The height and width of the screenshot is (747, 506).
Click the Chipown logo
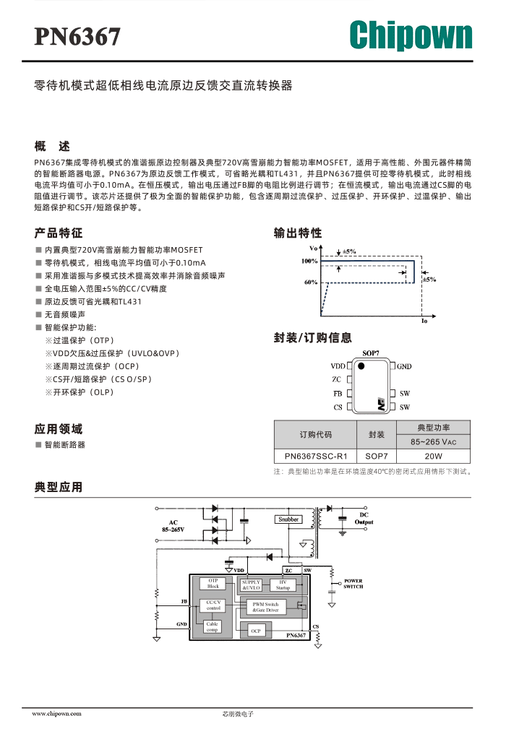411,35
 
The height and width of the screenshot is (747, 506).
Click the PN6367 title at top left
77,37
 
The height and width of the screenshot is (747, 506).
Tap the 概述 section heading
52,146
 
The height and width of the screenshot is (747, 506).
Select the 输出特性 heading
298,233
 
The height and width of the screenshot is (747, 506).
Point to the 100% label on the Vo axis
309,261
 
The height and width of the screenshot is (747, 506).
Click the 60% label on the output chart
311,282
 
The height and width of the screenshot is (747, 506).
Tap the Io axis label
424,321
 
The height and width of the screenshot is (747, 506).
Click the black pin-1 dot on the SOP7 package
361,366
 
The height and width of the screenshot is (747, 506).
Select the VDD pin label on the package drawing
338,366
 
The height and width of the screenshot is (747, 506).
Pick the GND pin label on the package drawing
404,366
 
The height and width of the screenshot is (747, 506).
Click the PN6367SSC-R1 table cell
315,457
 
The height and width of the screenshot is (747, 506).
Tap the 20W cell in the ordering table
433,457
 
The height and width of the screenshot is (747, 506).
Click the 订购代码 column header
315,434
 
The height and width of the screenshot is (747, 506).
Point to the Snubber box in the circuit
288,519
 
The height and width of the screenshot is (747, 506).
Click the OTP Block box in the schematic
213,584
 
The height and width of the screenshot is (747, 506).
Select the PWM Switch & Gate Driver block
265,607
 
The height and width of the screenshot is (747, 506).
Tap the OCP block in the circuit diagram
256,631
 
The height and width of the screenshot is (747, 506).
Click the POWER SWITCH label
353,584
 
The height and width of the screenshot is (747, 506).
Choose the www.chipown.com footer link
56,714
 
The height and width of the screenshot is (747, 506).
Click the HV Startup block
283,584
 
